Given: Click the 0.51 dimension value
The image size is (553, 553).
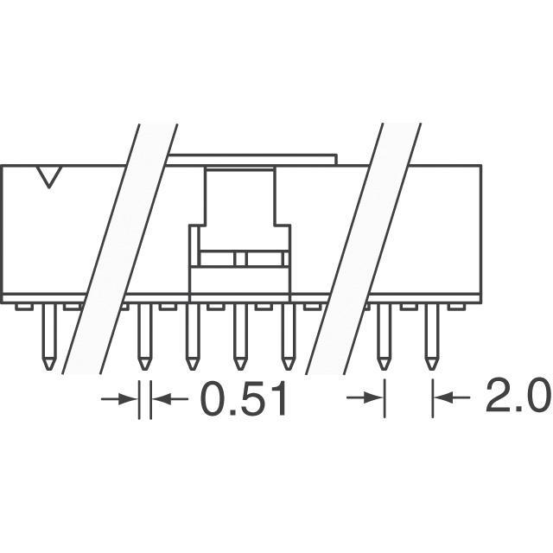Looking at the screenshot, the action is (x=244, y=399).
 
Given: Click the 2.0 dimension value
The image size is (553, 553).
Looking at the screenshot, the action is (x=518, y=396).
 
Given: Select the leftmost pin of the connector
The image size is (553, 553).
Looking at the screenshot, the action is (x=49, y=337).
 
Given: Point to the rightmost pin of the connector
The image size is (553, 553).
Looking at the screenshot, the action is (x=432, y=337).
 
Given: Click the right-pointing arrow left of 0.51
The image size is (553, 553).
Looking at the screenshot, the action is (x=119, y=399).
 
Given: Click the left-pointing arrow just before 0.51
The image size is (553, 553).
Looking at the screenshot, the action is (x=169, y=399).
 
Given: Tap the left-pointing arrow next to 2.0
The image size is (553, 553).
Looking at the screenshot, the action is (x=452, y=397).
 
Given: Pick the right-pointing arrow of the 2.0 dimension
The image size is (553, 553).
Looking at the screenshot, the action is (x=365, y=397).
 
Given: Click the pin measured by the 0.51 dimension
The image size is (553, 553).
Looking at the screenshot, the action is (x=144, y=337).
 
